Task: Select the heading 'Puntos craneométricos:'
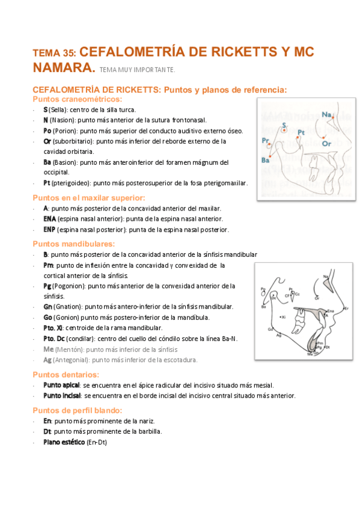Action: click(x=78, y=99)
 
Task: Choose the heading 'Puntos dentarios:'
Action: click(x=67, y=375)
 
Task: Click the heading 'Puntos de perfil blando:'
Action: click(x=78, y=410)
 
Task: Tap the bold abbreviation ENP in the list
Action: click(x=49, y=230)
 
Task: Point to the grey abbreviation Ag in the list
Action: click(x=47, y=360)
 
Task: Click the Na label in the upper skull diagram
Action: click(x=326, y=114)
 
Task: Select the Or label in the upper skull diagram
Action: click(x=326, y=144)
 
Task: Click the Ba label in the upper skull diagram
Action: click(x=265, y=160)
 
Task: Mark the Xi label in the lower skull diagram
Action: click(x=284, y=316)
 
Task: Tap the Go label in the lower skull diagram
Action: click(x=270, y=330)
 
